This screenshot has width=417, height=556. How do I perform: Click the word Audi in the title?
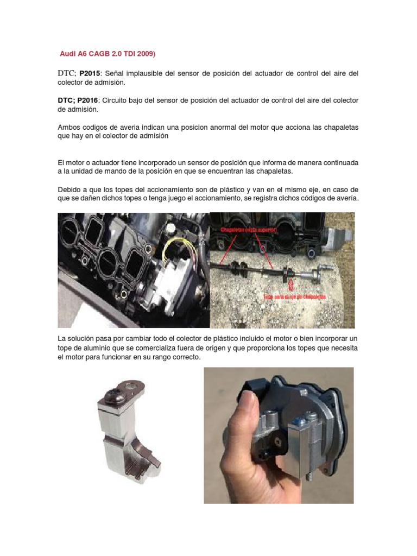[x=68, y=54]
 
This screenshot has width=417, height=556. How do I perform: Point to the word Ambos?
[x=69, y=128]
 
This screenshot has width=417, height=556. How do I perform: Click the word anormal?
[x=219, y=128]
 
